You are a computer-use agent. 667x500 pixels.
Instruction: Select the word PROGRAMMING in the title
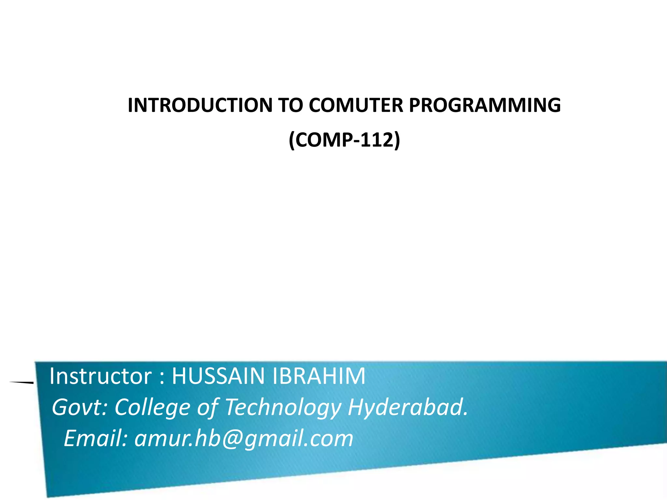point(485,105)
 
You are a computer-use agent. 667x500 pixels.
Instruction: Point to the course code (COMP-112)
point(344,140)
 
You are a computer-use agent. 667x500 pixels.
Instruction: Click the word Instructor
point(100,376)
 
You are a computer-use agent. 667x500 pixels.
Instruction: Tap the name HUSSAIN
point(218,376)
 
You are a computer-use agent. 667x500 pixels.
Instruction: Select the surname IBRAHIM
point(319,376)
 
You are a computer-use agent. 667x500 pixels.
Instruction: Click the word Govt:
point(80,408)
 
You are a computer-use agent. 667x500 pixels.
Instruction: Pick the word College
point(152,408)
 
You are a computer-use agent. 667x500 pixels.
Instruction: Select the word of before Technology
point(208,408)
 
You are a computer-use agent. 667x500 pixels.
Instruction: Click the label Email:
point(95,438)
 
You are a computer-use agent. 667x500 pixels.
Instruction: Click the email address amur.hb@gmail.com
point(244,438)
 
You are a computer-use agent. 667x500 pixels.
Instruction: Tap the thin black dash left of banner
point(21,382)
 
